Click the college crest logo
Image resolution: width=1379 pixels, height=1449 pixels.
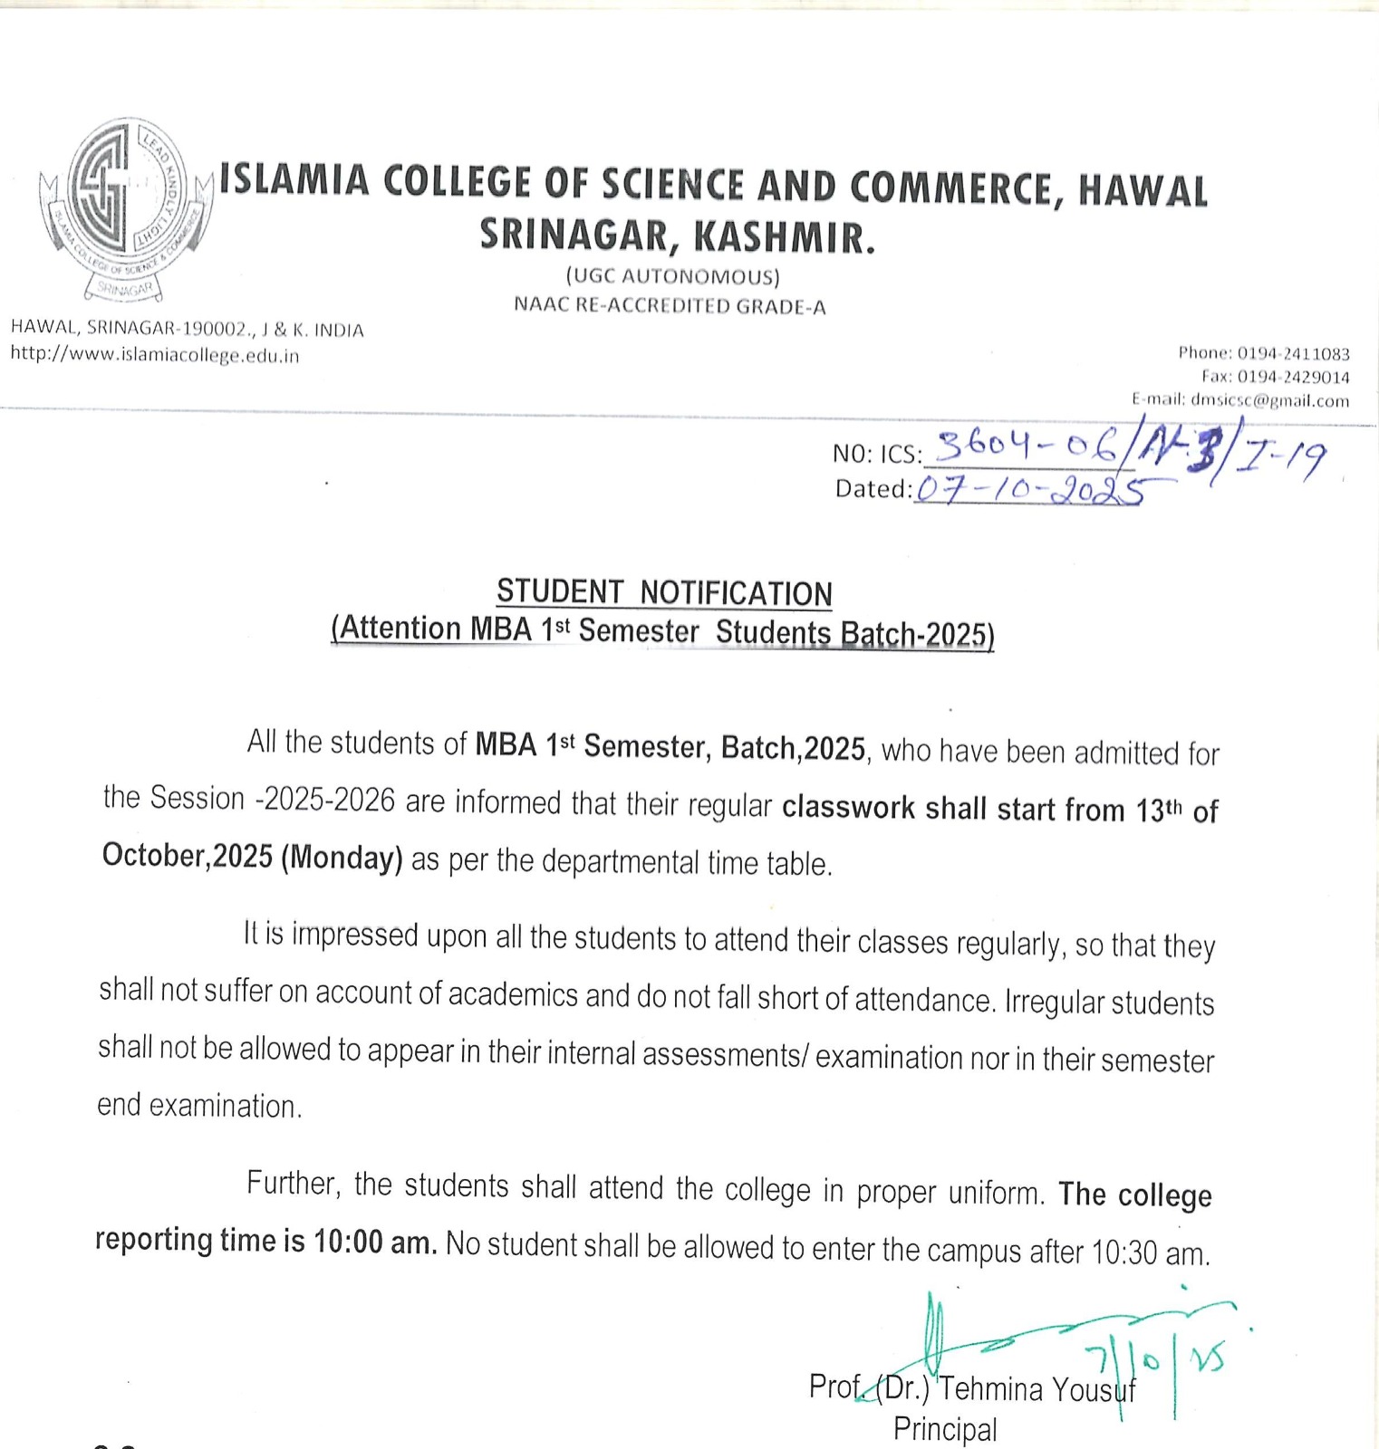tap(124, 207)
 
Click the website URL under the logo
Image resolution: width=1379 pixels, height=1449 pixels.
tap(155, 355)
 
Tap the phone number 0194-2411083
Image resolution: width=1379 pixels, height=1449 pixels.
tap(1293, 353)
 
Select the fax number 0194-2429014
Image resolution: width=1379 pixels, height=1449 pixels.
tap(1293, 377)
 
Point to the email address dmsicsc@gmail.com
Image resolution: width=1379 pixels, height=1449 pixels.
tap(1269, 400)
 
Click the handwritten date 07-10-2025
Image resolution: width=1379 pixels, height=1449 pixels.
tap(1028, 489)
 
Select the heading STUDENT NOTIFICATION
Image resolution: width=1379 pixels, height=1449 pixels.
tap(664, 592)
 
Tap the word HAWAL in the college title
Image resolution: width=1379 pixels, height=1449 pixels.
tap(1143, 190)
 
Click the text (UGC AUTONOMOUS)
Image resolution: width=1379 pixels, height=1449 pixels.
tap(672, 275)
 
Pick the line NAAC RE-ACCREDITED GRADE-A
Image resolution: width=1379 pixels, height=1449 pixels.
tap(670, 305)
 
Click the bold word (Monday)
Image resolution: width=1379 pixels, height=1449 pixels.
tap(342, 857)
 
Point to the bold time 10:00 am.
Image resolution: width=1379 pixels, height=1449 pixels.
tap(375, 1242)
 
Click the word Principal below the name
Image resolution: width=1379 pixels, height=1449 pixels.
tap(945, 1428)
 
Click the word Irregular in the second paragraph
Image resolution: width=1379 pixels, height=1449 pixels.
tap(1054, 1003)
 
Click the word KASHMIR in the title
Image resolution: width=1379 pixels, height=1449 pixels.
tap(785, 237)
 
